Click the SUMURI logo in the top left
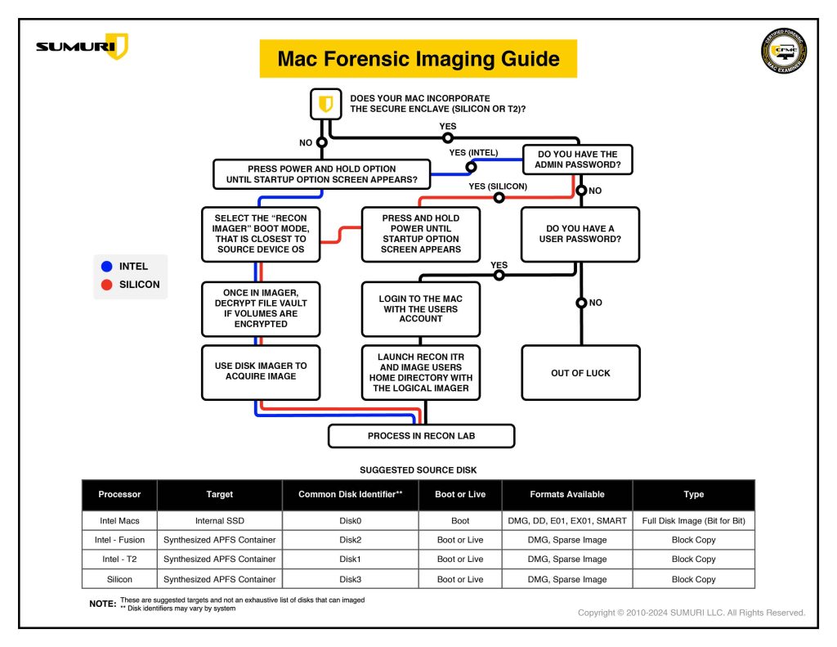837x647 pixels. [x=82, y=47]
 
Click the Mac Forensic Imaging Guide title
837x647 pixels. [x=418, y=59]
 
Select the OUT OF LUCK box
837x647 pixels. [x=580, y=373]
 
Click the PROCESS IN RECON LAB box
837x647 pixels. [x=421, y=436]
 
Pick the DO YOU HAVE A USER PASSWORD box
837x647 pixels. [x=580, y=234]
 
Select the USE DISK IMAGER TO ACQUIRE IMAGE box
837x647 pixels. [x=261, y=371]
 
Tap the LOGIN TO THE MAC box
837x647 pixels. [x=421, y=309]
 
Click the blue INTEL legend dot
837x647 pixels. [x=106, y=267]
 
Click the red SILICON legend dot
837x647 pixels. [x=106, y=285]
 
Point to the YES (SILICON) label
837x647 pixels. [x=497, y=186]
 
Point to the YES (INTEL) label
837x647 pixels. [x=473, y=152]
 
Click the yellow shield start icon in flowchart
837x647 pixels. [x=325, y=104]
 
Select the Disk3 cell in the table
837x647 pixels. [x=350, y=579]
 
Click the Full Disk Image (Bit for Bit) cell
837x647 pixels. [x=693, y=520]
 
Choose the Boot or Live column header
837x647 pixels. [x=460, y=494]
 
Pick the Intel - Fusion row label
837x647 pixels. [x=119, y=540]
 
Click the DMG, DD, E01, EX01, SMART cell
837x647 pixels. [x=566, y=520]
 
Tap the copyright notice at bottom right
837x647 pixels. [x=691, y=613]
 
